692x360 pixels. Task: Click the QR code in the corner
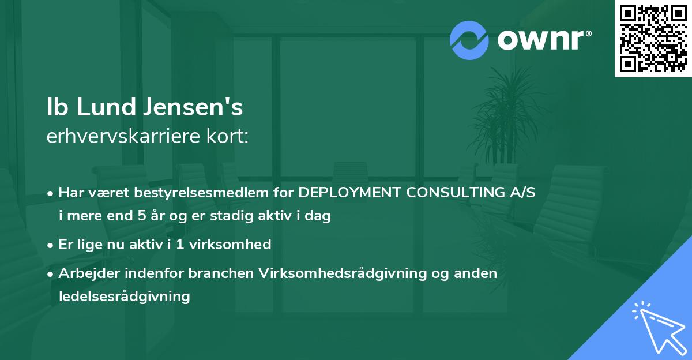click(653, 39)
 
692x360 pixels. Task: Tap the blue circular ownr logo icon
click(469, 40)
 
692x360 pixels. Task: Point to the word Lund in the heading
click(106, 107)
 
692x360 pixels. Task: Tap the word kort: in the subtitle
click(227, 136)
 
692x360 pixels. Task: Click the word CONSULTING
click(456, 192)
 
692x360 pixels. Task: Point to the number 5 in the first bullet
click(142, 215)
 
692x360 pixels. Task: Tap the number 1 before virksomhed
click(180, 244)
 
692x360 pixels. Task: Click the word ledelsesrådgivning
click(124, 297)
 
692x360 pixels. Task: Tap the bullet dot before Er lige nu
click(50, 245)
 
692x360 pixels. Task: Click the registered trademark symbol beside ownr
click(588, 33)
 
